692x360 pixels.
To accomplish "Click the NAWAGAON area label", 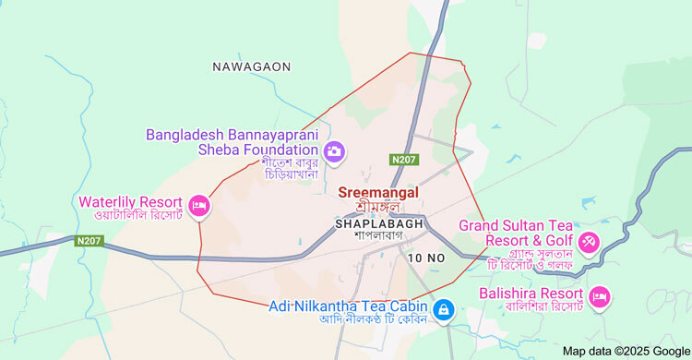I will point(251,66).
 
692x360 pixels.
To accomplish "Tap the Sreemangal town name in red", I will point(378,192).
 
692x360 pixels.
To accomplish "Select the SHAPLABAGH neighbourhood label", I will point(379,223).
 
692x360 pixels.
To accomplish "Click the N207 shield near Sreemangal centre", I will point(403,160).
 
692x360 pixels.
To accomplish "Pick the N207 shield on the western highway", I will point(89,241).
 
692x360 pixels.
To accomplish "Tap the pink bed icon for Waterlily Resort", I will point(197,204).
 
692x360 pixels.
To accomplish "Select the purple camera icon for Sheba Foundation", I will point(334,150).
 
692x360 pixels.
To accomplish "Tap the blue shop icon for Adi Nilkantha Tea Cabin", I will point(443,307).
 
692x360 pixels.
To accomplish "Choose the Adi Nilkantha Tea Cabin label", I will point(348,306).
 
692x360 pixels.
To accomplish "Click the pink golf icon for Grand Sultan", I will point(589,243).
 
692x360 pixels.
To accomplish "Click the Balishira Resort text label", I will point(531,294).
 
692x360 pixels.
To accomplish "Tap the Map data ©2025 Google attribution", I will point(626,351).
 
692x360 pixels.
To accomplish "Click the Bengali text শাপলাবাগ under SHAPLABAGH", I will point(379,236).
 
